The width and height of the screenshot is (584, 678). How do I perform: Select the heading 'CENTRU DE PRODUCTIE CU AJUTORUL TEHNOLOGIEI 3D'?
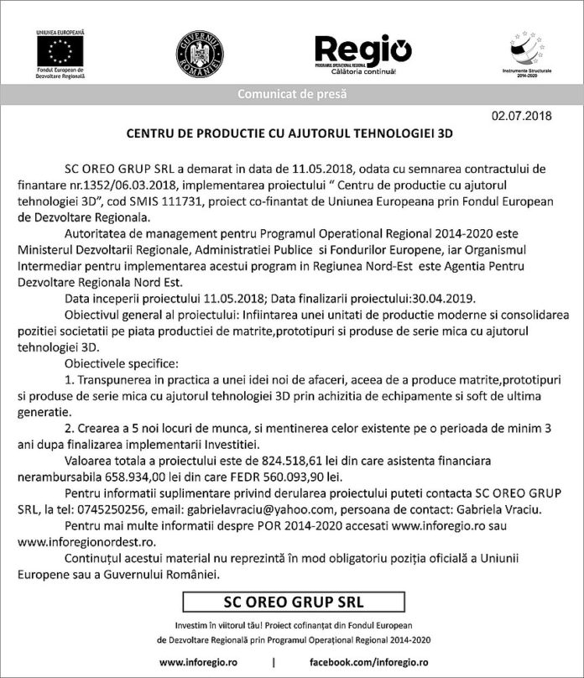(289, 133)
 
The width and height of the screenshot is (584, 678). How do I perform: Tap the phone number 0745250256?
(137, 509)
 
